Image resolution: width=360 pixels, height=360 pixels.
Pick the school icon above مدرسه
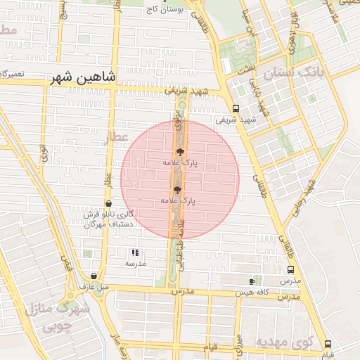click(135, 252)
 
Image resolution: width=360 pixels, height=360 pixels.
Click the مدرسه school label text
click(135, 263)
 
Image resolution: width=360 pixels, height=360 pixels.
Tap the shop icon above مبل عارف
click(95, 276)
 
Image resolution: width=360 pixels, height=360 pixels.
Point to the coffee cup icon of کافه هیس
click(252, 281)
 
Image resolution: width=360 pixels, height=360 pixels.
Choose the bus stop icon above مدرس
click(290, 269)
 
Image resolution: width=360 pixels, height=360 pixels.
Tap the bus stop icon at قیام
click(328, 344)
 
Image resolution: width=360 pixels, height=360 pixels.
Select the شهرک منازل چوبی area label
click(53, 317)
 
